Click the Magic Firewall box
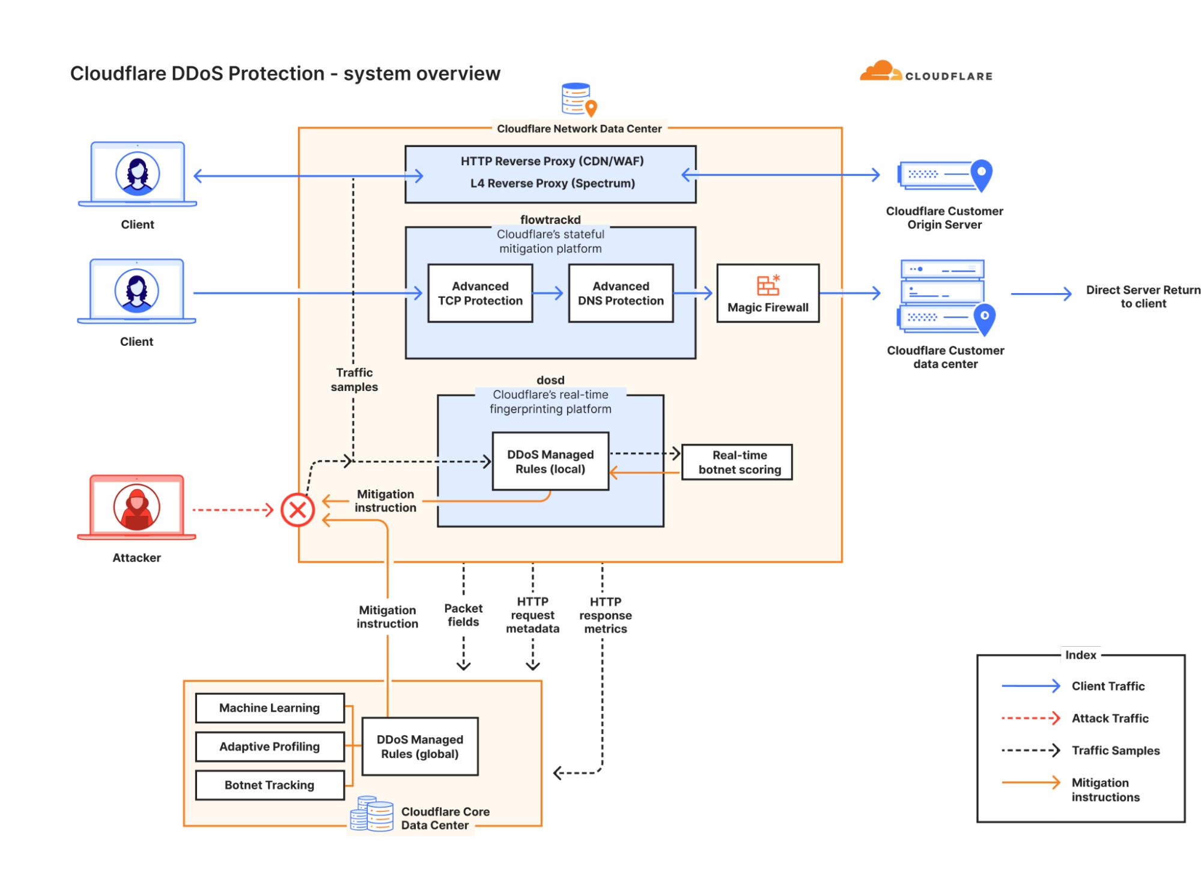tap(767, 293)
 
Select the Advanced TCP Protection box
tap(479, 293)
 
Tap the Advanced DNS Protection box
tap(620, 293)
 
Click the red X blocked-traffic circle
tap(297, 510)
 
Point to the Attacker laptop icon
tap(137, 507)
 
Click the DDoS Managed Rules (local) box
tap(550, 461)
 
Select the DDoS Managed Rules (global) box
tap(419, 746)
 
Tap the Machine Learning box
tap(269, 707)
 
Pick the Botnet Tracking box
tap(269, 785)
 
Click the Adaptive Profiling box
tap(269, 746)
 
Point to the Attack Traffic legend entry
tap(1109, 718)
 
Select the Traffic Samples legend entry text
tap(1115, 750)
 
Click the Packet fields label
tap(463, 615)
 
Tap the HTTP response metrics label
tap(605, 615)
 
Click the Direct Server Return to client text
tap(1143, 297)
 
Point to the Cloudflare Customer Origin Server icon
tap(944, 175)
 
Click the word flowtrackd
tap(550, 220)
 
